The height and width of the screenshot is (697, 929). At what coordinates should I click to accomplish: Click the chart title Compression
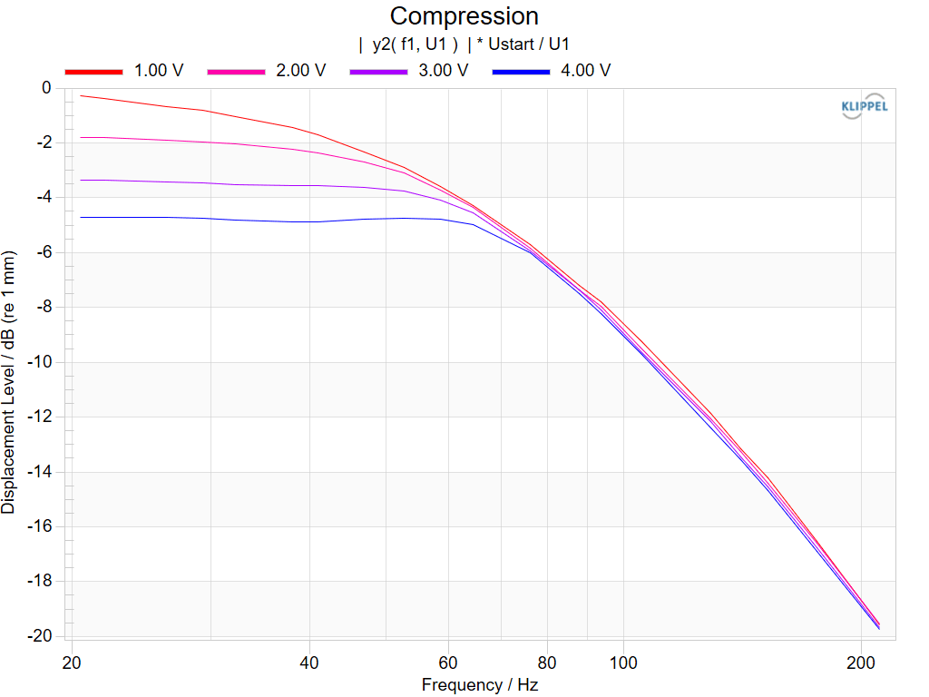pyautogui.click(x=464, y=16)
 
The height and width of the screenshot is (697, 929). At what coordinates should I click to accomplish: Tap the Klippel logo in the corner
pyautogui.click(x=865, y=106)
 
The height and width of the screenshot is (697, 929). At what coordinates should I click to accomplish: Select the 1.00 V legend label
pyautogui.click(x=159, y=71)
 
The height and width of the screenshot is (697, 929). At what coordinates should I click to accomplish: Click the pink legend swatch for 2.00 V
pyautogui.click(x=236, y=72)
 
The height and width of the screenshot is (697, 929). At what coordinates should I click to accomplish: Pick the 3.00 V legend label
pyautogui.click(x=443, y=71)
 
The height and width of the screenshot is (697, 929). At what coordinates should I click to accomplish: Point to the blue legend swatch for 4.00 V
pyautogui.click(x=521, y=72)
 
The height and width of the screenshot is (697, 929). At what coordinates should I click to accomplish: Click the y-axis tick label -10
pyautogui.click(x=40, y=361)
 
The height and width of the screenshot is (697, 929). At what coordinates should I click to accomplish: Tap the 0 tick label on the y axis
pyautogui.click(x=46, y=88)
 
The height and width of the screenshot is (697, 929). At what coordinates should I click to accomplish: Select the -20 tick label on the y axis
pyautogui.click(x=40, y=636)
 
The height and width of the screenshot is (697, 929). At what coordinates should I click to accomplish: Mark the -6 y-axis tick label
pyautogui.click(x=44, y=252)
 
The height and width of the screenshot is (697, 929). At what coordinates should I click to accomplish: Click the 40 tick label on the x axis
pyautogui.click(x=308, y=663)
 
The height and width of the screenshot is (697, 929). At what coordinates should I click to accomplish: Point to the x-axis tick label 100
pyautogui.click(x=623, y=663)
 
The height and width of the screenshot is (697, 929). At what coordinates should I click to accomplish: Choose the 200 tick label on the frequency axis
pyautogui.click(x=861, y=663)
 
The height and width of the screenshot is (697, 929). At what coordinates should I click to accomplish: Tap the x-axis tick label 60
pyautogui.click(x=448, y=663)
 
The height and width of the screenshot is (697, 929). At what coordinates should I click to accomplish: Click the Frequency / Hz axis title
pyautogui.click(x=479, y=685)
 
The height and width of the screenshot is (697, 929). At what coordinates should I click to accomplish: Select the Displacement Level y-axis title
pyautogui.click(x=8, y=382)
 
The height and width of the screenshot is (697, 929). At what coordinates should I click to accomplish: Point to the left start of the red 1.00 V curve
pyautogui.click(x=81, y=95)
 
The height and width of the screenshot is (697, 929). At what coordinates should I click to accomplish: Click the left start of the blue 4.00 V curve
pyautogui.click(x=81, y=218)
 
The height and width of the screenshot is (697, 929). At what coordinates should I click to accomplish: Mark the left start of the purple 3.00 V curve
pyautogui.click(x=81, y=180)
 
